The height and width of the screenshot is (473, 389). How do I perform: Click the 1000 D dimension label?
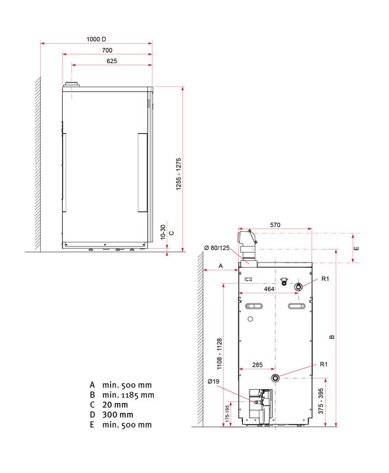[x=96, y=39]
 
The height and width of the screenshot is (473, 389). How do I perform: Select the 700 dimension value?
[x=107, y=50]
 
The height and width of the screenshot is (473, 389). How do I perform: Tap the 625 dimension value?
[x=112, y=61]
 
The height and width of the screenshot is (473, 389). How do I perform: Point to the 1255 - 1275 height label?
[x=179, y=174]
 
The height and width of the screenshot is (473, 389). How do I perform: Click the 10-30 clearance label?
[x=163, y=232]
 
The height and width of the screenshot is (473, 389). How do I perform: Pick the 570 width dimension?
[x=275, y=225]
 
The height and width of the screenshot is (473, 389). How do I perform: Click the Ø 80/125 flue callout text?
[x=217, y=248]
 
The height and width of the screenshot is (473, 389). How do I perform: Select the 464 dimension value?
[x=269, y=289]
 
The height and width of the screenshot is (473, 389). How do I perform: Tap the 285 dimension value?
[x=257, y=365]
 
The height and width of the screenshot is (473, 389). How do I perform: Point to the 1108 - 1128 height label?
[x=219, y=354]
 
